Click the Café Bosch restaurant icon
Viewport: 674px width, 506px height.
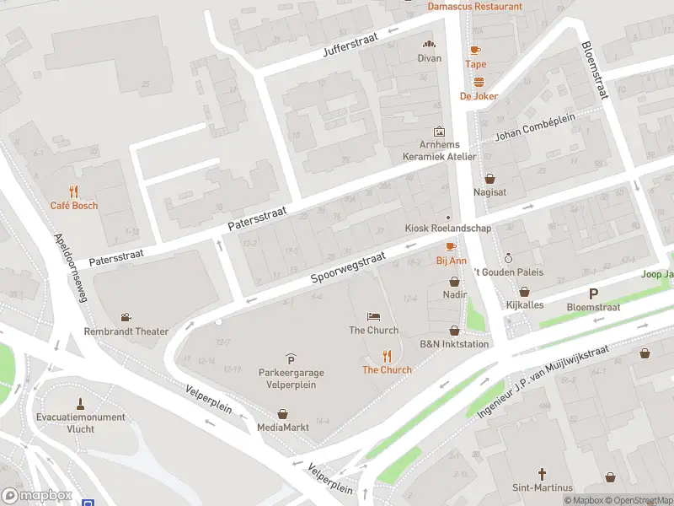pyautogui.click(x=74, y=191)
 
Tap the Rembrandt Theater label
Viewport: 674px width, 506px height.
pyautogui.click(x=126, y=331)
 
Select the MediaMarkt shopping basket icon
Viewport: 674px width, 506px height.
pyautogui.click(x=283, y=413)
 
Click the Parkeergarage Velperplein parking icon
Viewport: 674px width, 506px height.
pyautogui.click(x=291, y=359)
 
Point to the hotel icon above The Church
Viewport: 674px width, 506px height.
pyautogui.click(x=374, y=316)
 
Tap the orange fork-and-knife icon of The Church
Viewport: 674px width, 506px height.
pyautogui.click(x=388, y=356)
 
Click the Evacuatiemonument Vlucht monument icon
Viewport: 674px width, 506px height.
pyautogui.click(x=81, y=402)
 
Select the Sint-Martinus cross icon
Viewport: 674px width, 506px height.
pyautogui.click(x=543, y=474)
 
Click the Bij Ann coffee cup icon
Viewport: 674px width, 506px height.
pyautogui.click(x=451, y=246)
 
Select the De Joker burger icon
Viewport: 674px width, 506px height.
pyautogui.click(x=479, y=82)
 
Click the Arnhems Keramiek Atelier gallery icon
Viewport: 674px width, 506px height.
pyautogui.click(x=438, y=132)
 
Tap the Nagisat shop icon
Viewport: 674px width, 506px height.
pyautogui.click(x=490, y=179)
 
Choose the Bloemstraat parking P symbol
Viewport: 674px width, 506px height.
pyautogui.click(x=593, y=293)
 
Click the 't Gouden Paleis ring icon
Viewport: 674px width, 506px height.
pyautogui.click(x=507, y=258)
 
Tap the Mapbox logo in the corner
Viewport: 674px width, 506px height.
pyautogui.click(x=36, y=496)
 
